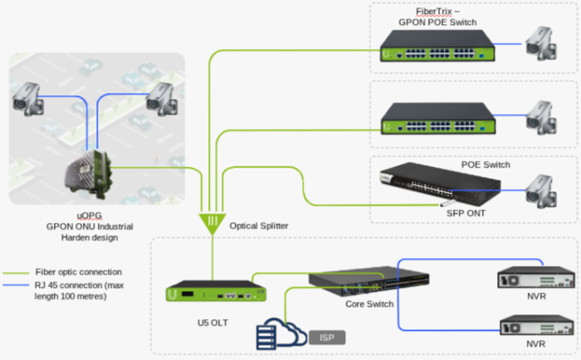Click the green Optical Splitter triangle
pyautogui.click(x=212, y=221)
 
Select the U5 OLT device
pyautogui.click(x=214, y=294)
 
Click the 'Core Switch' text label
pyautogui.click(x=369, y=304)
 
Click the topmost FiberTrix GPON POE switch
pyautogui.click(x=434, y=45)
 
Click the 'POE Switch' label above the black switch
pyautogui.click(x=486, y=164)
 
